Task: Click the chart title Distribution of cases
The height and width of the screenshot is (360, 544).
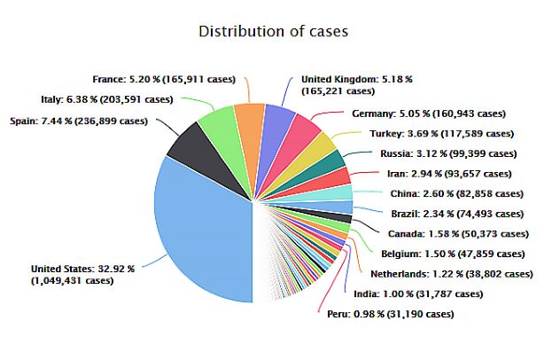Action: (x=272, y=32)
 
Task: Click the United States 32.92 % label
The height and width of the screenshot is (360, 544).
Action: (x=82, y=274)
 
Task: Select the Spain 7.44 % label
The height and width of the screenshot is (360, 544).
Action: (x=77, y=121)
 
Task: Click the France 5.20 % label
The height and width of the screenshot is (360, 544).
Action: (x=164, y=78)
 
